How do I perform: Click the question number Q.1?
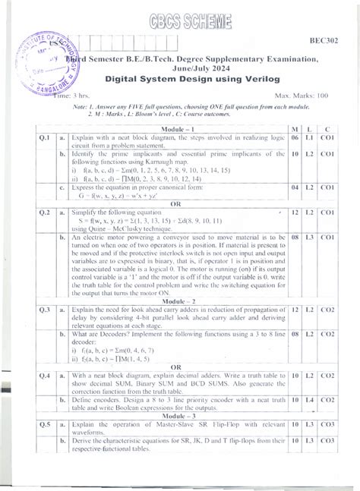(44, 140)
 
